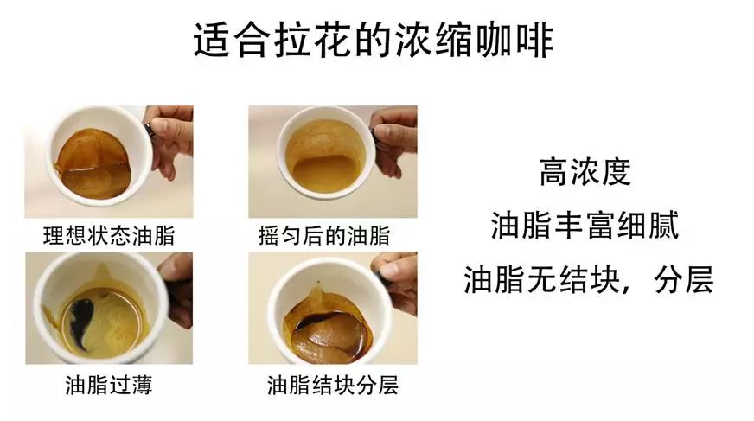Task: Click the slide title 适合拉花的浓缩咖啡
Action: pos(374,40)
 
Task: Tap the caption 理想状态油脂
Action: pos(109,235)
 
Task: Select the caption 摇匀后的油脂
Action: pos(323,235)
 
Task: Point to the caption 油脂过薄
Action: pos(109,386)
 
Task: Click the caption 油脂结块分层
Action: pos(333,386)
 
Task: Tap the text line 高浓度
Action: pos(585,172)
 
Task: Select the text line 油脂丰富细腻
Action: pos(585,225)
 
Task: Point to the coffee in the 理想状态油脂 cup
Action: pos(93,164)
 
